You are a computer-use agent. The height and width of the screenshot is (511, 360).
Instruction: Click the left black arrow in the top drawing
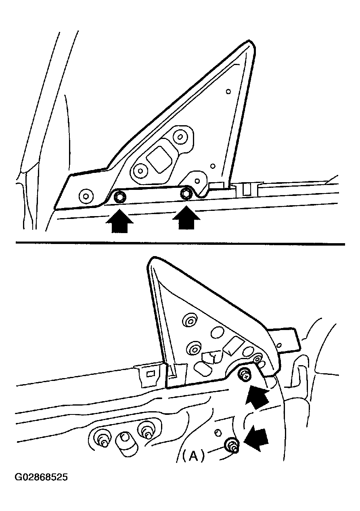coord(119,221)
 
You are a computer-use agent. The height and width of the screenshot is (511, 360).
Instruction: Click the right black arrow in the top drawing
coord(186,218)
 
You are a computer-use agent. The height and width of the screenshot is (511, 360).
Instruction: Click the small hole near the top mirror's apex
coord(228,92)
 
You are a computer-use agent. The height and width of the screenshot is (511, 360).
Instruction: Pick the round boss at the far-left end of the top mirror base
coord(86,196)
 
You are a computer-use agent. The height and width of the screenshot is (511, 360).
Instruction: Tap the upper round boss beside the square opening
coord(180,137)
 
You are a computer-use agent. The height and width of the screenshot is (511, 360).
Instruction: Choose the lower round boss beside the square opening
coord(140,170)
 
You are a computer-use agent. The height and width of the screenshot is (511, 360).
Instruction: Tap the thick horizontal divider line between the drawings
coord(180,244)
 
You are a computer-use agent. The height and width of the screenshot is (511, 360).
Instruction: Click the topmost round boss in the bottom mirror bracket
coord(190,320)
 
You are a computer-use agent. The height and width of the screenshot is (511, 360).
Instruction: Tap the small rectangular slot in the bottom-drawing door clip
coord(150,374)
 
